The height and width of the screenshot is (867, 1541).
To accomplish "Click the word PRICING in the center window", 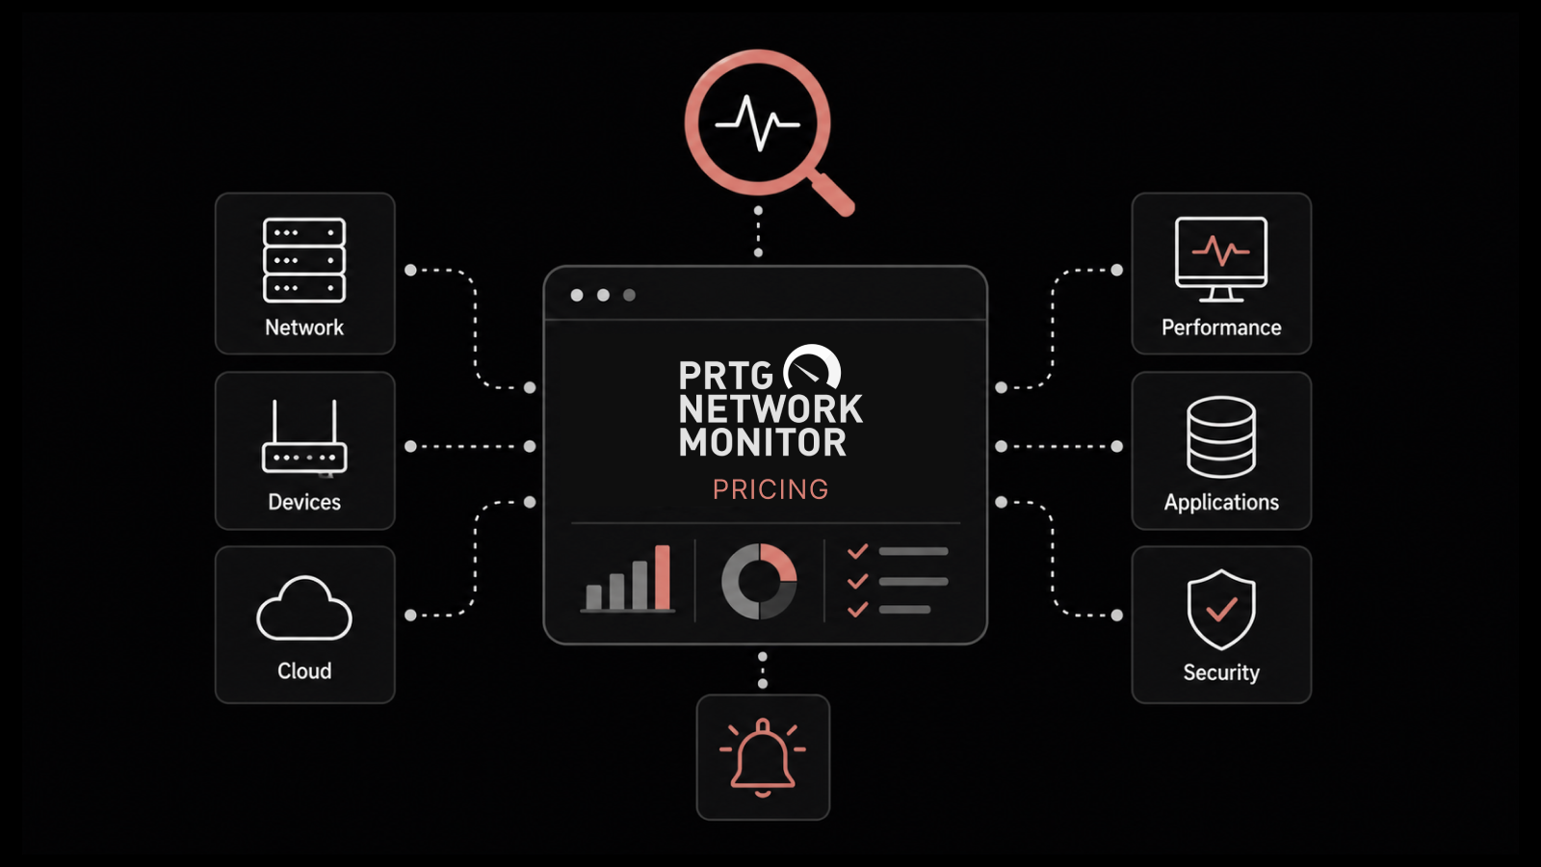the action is [770, 489].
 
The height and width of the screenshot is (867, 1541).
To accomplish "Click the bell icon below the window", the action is [762, 757].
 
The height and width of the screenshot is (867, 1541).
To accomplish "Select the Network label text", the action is [304, 328].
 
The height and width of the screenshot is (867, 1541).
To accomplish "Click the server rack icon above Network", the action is [304, 260].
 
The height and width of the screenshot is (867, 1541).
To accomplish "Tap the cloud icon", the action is [304, 608].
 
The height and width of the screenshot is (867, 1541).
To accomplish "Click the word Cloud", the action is [304, 670].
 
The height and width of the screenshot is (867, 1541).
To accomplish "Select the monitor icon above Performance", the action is [1221, 259].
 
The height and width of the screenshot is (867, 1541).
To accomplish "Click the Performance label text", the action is [1221, 328].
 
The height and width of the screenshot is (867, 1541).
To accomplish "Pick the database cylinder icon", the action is [1221, 437].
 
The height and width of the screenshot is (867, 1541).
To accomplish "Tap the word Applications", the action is [1221, 502].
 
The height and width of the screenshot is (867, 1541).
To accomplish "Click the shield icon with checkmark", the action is [1221, 610].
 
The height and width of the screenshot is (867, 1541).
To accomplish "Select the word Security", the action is [1221, 672].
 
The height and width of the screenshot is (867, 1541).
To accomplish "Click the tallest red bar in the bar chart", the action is [663, 577].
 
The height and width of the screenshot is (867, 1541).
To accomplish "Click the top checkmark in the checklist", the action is [858, 551].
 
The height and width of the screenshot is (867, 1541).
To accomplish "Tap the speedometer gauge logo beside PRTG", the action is [813, 365].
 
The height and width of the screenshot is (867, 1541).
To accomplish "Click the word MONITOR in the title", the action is [762, 442].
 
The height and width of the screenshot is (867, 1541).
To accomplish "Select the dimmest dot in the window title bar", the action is [629, 295].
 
